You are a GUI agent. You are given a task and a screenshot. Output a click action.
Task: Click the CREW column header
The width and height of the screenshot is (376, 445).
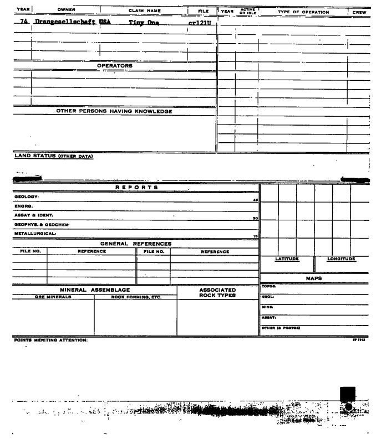pyautogui.click(x=359, y=12)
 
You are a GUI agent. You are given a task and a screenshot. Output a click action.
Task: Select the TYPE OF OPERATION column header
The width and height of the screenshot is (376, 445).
pyautogui.click(x=303, y=12)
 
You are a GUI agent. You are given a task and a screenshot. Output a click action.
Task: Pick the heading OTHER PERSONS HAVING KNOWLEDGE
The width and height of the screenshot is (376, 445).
pyautogui.click(x=114, y=111)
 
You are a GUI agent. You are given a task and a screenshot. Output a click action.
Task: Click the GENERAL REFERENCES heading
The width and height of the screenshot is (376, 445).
pyautogui.click(x=136, y=244)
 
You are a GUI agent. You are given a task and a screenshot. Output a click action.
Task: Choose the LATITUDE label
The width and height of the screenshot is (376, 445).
pyautogui.click(x=287, y=258)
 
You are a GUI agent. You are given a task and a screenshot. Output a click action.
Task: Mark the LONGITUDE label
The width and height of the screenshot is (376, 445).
pyautogui.click(x=341, y=258)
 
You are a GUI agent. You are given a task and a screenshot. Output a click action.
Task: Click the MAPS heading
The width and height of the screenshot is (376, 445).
pyautogui.click(x=315, y=278)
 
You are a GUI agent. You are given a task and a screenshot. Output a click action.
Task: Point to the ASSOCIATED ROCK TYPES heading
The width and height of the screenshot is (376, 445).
pyautogui.click(x=217, y=292)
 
